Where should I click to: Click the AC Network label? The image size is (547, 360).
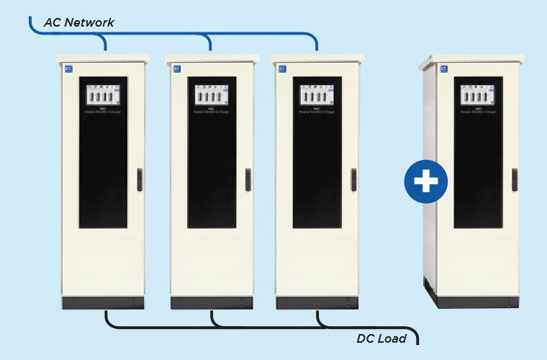tap(78, 22)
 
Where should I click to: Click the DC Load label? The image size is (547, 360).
tap(381, 338)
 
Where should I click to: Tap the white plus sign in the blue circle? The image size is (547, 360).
tap(425, 180)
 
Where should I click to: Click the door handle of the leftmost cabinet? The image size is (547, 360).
tap(140, 179)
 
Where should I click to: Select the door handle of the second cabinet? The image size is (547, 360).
tap(248, 179)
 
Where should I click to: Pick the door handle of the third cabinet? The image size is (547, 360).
tap(353, 179)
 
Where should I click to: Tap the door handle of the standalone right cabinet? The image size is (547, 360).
tap(515, 179)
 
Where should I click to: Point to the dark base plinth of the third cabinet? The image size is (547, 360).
tap(317, 303)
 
